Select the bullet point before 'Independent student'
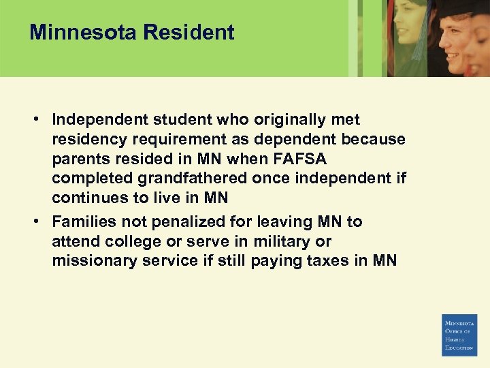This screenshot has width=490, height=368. [35, 119]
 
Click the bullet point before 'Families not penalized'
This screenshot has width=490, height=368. [35, 221]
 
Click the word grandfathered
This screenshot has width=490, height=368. [218, 179]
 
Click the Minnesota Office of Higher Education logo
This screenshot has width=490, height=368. [460, 335]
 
